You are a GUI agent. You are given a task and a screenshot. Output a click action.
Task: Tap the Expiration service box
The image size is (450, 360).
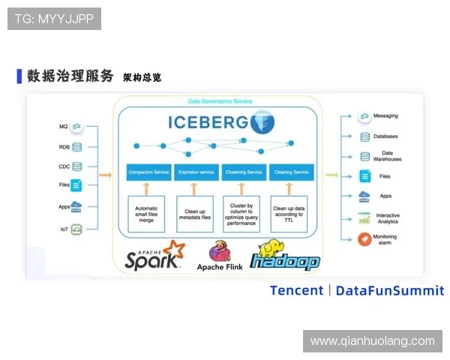pyautogui.click(x=196, y=172)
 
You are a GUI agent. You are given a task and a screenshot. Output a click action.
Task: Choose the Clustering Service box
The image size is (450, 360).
pyautogui.click(x=244, y=172)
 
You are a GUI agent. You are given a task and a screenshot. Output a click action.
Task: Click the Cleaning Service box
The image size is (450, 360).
pyautogui.click(x=291, y=172)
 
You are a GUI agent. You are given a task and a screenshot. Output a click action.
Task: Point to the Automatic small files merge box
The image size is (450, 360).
pyautogui.click(x=146, y=213)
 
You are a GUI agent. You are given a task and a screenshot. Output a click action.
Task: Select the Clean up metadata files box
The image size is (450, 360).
pyautogui.click(x=196, y=213)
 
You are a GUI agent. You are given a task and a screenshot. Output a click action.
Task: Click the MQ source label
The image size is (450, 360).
pyautogui.click(x=64, y=127)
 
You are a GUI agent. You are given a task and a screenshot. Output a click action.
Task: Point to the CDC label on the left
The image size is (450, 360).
pyautogui.click(x=64, y=167)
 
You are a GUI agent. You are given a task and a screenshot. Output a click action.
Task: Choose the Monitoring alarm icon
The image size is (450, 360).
pyautogui.click(x=364, y=238)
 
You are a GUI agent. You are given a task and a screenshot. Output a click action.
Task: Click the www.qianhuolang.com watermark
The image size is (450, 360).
pyautogui.click(x=372, y=341)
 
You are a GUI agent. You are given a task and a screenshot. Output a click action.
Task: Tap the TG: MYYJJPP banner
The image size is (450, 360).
pyautogui.click(x=54, y=19)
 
